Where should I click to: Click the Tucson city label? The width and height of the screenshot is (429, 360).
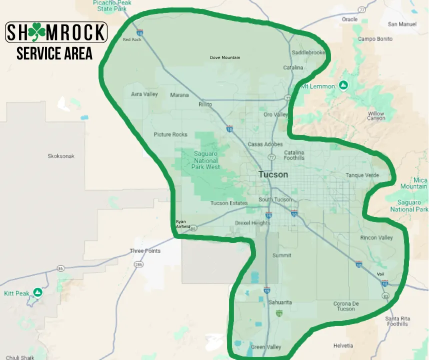point(273,174)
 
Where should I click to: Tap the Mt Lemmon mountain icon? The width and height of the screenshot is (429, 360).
point(343,86)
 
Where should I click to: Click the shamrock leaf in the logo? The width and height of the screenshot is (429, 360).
point(36,32)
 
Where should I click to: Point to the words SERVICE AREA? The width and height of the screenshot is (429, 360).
point(54,53)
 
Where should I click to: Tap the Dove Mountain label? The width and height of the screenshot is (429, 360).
point(224,57)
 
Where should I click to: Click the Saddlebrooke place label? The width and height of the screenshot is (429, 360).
point(308,52)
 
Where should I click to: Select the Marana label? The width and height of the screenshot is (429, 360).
point(179,95)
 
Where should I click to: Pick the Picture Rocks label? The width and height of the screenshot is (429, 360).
point(170,134)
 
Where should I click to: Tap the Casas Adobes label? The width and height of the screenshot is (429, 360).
point(265,144)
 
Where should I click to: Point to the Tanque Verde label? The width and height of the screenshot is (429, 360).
point(362,175)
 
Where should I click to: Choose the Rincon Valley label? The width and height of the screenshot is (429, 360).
point(376,237)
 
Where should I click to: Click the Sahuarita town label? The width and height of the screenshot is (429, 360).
point(280,302)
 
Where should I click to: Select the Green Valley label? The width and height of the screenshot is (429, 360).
point(265,347)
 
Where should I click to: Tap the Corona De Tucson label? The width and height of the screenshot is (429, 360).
point(344,306)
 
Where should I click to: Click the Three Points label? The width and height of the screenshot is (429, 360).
point(145,251)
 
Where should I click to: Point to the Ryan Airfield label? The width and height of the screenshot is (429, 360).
point(182,224)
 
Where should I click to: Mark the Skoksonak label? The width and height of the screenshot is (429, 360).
point(61,156)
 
